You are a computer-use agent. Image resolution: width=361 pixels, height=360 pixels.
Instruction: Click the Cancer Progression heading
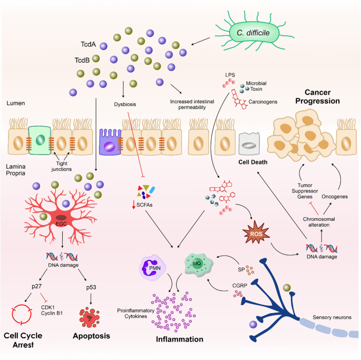[302, 95]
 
